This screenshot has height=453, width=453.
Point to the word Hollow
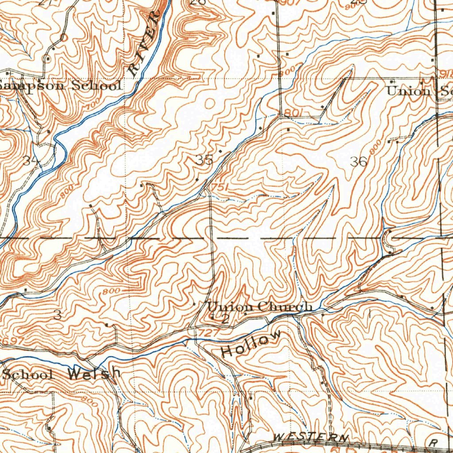click(x=251, y=344)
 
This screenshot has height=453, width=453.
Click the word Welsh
click(x=94, y=373)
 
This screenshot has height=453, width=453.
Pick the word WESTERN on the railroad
click(x=311, y=438)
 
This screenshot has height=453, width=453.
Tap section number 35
click(x=204, y=160)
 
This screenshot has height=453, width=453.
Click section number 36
click(x=358, y=162)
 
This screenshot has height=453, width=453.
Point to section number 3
click(x=57, y=315)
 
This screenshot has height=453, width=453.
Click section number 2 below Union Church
click(x=225, y=319)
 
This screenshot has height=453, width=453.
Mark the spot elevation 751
click(x=219, y=188)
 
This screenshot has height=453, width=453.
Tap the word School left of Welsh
click(x=27, y=374)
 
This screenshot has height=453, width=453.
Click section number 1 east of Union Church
click(x=368, y=315)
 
